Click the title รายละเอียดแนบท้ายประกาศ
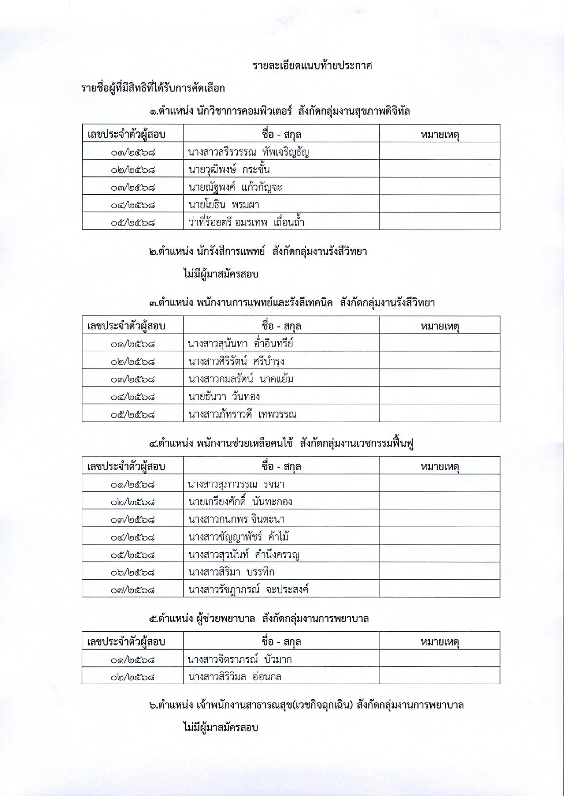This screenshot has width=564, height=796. pyautogui.click(x=312, y=66)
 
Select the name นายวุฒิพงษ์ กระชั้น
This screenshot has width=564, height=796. pyautogui.click(x=229, y=170)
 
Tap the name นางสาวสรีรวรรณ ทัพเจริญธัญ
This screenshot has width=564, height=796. pyautogui.click(x=248, y=152)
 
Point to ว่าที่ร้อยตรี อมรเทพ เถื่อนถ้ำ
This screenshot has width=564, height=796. pyautogui.click(x=246, y=222)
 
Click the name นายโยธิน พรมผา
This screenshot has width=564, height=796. pyautogui.click(x=223, y=205)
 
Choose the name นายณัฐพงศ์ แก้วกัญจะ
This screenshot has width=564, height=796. pyautogui.click(x=235, y=187)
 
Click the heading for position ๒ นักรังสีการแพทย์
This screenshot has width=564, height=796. pyautogui.click(x=258, y=252)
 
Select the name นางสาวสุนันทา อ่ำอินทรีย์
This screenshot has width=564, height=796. pyautogui.click(x=241, y=343)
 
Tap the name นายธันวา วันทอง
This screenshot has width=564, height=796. pyautogui.click(x=224, y=397)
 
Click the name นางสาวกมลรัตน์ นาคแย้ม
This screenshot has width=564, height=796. pyautogui.click(x=241, y=379)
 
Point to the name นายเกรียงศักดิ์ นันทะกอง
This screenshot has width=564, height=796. pyautogui.click(x=240, y=502)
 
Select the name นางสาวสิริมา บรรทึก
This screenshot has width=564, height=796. pyautogui.click(x=231, y=572)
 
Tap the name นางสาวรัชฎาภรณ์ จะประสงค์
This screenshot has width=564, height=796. pyautogui.click(x=248, y=590)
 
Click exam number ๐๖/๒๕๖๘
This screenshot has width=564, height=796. pyautogui.click(x=132, y=572)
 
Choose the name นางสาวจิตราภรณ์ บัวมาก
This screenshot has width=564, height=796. pyautogui.click(x=240, y=659)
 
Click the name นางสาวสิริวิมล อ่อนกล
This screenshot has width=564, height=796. pyautogui.click(x=235, y=677)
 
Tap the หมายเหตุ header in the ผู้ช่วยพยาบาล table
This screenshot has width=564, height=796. pyautogui.click(x=439, y=642)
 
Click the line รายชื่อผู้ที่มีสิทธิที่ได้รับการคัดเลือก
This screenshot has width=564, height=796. pyautogui.click(x=153, y=88)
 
